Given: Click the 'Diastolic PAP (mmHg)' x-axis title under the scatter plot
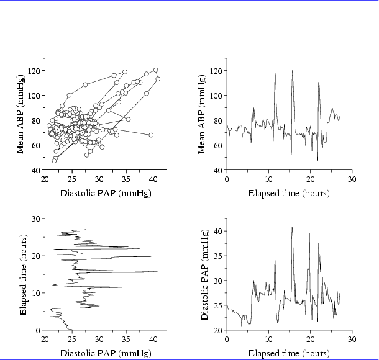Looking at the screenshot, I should [106, 193].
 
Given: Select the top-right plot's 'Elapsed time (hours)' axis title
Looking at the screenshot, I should [289, 193].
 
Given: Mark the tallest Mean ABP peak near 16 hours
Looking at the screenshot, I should [292, 71].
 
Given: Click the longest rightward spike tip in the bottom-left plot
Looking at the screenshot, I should [157, 272].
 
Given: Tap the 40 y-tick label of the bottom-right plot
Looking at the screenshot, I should [217, 230].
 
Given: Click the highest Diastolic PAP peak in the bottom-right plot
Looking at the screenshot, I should [292, 227].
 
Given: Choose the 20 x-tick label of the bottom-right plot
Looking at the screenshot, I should [310, 340].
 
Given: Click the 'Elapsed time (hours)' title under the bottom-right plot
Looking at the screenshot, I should [289, 354].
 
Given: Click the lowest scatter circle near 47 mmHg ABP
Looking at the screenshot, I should [54, 161].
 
